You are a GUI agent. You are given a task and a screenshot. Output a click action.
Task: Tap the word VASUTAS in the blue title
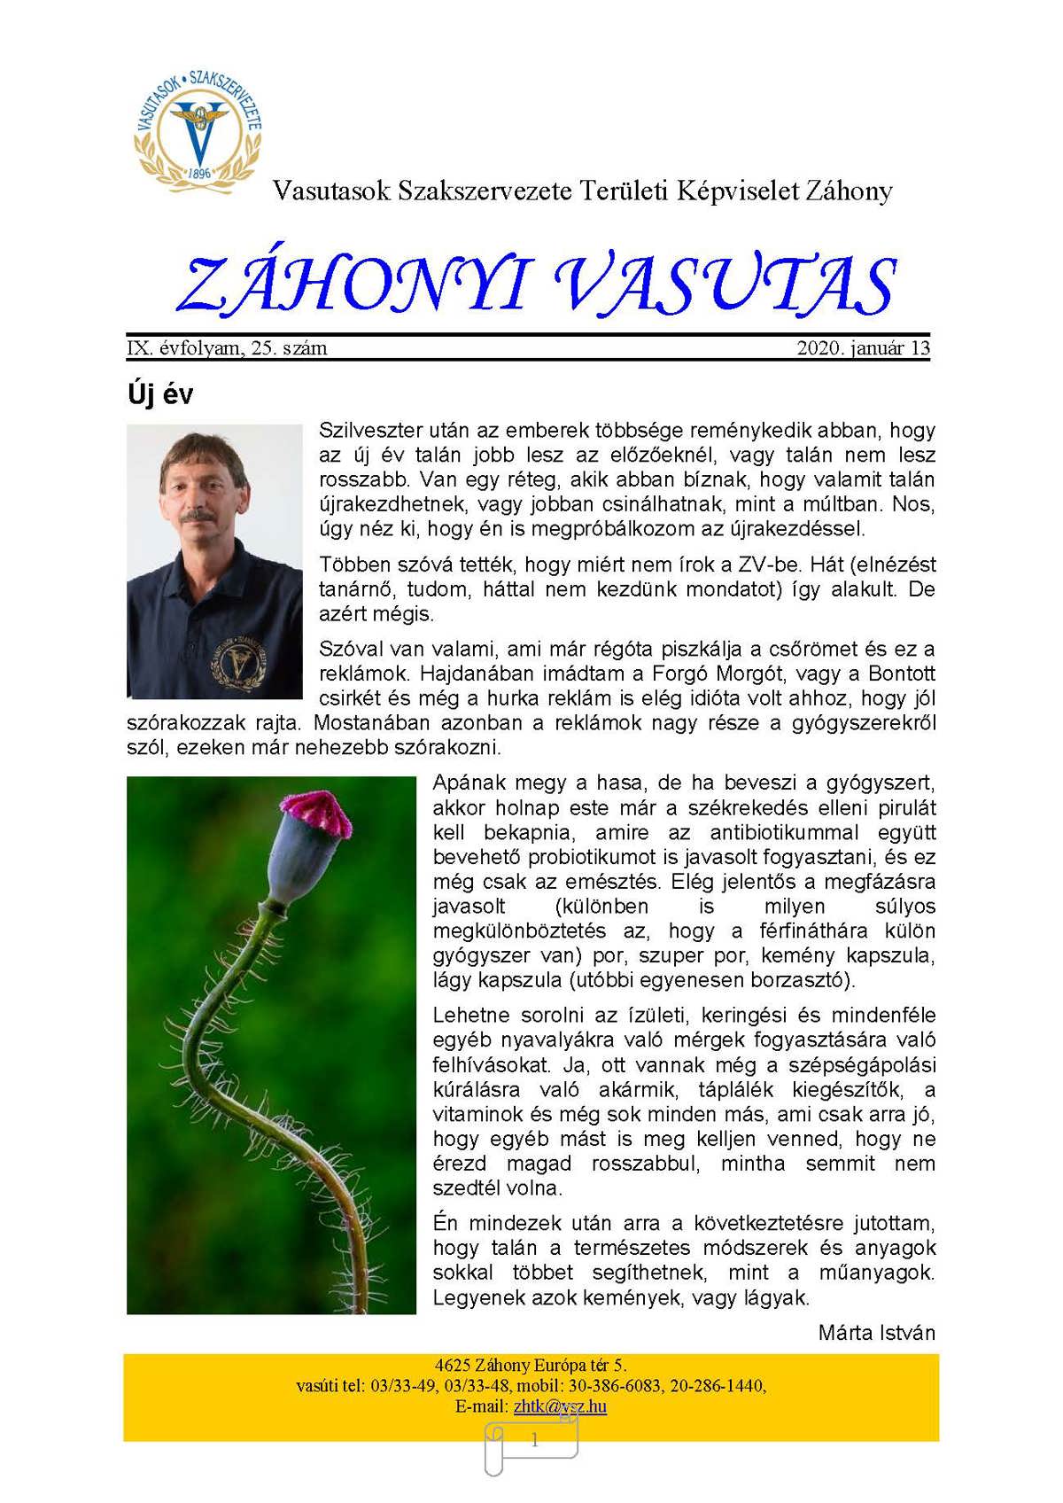point(726,285)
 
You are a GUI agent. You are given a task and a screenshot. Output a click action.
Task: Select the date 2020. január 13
point(863,348)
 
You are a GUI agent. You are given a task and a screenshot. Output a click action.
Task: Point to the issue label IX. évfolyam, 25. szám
point(227,348)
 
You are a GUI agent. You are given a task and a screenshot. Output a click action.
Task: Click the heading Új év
point(160,394)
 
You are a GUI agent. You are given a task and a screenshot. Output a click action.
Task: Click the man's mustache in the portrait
point(196,515)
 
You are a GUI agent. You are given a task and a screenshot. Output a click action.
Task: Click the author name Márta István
point(876,1332)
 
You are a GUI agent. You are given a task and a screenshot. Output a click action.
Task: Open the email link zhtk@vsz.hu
point(560,1406)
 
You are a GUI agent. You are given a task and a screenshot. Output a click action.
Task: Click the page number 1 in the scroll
point(534,1441)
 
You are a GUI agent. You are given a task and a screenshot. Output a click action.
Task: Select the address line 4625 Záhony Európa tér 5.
point(531,1365)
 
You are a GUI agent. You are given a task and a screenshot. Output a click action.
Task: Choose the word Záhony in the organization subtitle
point(849,191)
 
